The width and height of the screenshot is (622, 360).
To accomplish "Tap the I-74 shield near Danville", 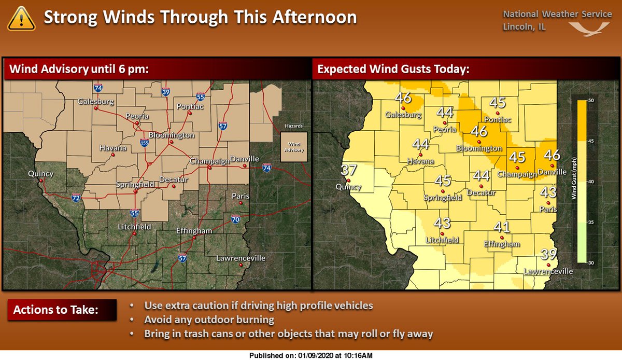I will point(267,168).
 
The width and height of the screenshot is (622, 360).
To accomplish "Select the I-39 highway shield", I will point(165,92).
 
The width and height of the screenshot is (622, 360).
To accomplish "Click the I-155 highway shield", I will point(145,141).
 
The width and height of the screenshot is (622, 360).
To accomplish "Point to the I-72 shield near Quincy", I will point(76,198).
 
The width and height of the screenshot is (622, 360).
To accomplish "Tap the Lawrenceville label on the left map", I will point(241,258).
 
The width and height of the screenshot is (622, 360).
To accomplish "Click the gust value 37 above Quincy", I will point(349,169).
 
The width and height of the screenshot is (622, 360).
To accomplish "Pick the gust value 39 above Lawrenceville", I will point(548,254).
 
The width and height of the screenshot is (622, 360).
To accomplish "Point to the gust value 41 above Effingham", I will point(502,227).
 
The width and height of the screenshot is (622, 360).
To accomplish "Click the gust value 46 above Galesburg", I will point(403,98).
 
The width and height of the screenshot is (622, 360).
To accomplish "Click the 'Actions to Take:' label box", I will point(55,311).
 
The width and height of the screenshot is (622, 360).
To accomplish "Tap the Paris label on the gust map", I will point(548,210).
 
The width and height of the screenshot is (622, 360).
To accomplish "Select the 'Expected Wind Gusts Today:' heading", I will point(393,68).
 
